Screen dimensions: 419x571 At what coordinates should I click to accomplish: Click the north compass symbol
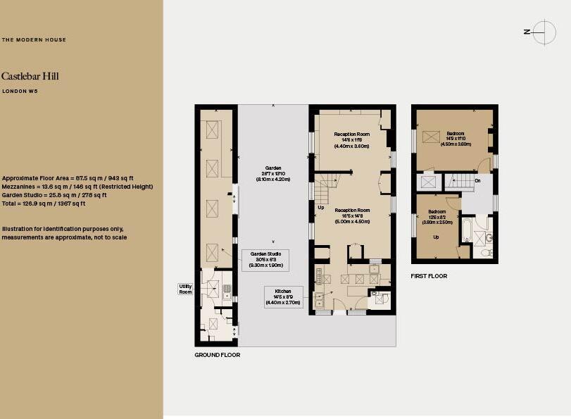pyautogui.click(x=544, y=32)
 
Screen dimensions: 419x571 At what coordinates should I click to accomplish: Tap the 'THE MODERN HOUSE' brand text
pyautogui.click(x=34, y=40)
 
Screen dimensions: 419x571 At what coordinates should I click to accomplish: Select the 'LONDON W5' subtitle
pyautogui.click(x=20, y=92)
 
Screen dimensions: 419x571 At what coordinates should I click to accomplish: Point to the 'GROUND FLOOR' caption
pyautogui.click(x=217, y=355)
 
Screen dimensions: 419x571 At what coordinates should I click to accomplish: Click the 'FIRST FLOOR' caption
pyautogui.click(x=429, y=276)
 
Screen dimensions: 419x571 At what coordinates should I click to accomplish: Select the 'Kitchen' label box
pyautogui.click(x=284, y=296)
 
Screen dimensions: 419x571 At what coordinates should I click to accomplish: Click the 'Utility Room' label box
pyautogui.click(x=185, y=289)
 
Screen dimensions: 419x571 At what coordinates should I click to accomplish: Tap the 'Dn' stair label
pyautogui.click(x=477, y=180)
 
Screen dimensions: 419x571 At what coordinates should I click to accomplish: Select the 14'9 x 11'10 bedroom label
pyautogui.click(x=455, y=138)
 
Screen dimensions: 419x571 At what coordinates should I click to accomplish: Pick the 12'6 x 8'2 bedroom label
pyautogui.click(x=437, y=216)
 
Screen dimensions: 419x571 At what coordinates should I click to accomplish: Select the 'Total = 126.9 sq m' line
pyautogui.click(x=44, y=204)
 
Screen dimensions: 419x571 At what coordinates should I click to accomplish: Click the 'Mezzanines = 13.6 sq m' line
pyautogui.click(x=77, y=187)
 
